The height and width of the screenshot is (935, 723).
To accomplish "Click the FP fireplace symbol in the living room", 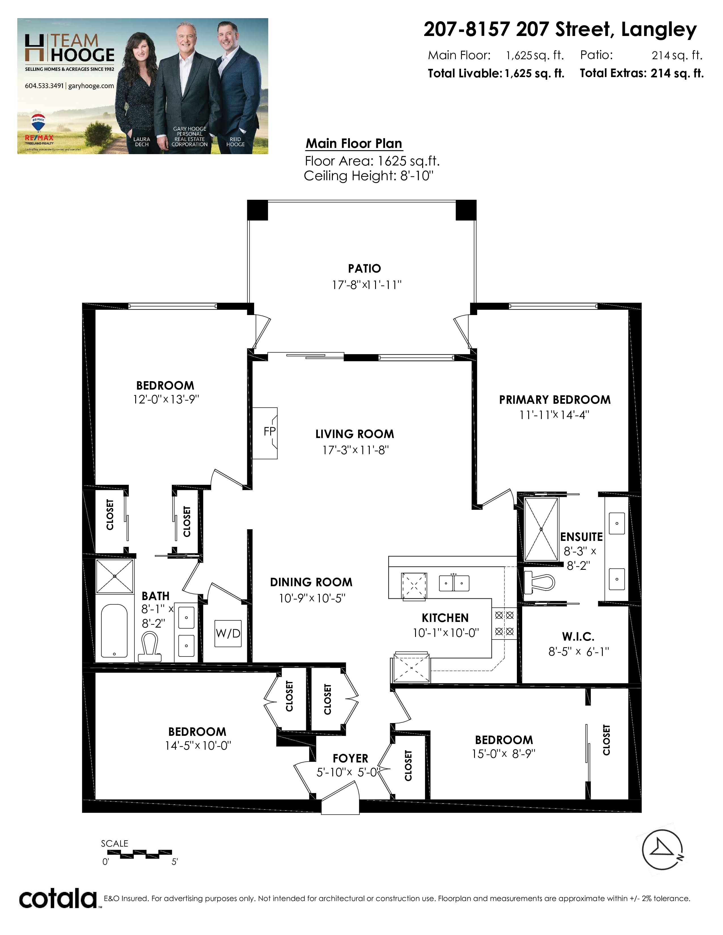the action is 265,433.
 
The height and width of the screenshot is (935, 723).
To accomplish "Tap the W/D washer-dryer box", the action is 228,633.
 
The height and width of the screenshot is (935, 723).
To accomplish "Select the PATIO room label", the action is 365,268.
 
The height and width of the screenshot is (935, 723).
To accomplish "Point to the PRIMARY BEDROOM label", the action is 555,400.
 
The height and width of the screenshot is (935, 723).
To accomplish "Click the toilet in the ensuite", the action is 539,582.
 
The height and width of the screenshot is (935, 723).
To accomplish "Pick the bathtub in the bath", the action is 114,631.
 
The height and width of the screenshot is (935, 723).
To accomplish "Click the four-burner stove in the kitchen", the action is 504,623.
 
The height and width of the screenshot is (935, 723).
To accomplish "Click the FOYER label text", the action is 350,758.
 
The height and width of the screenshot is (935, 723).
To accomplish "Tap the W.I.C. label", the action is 578,637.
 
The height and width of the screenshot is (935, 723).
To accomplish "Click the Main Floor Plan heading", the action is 354,143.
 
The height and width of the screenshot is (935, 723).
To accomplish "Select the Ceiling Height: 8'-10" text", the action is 369,176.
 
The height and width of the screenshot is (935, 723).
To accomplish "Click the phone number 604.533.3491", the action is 44,86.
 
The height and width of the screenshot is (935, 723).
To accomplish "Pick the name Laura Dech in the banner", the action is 142,142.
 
